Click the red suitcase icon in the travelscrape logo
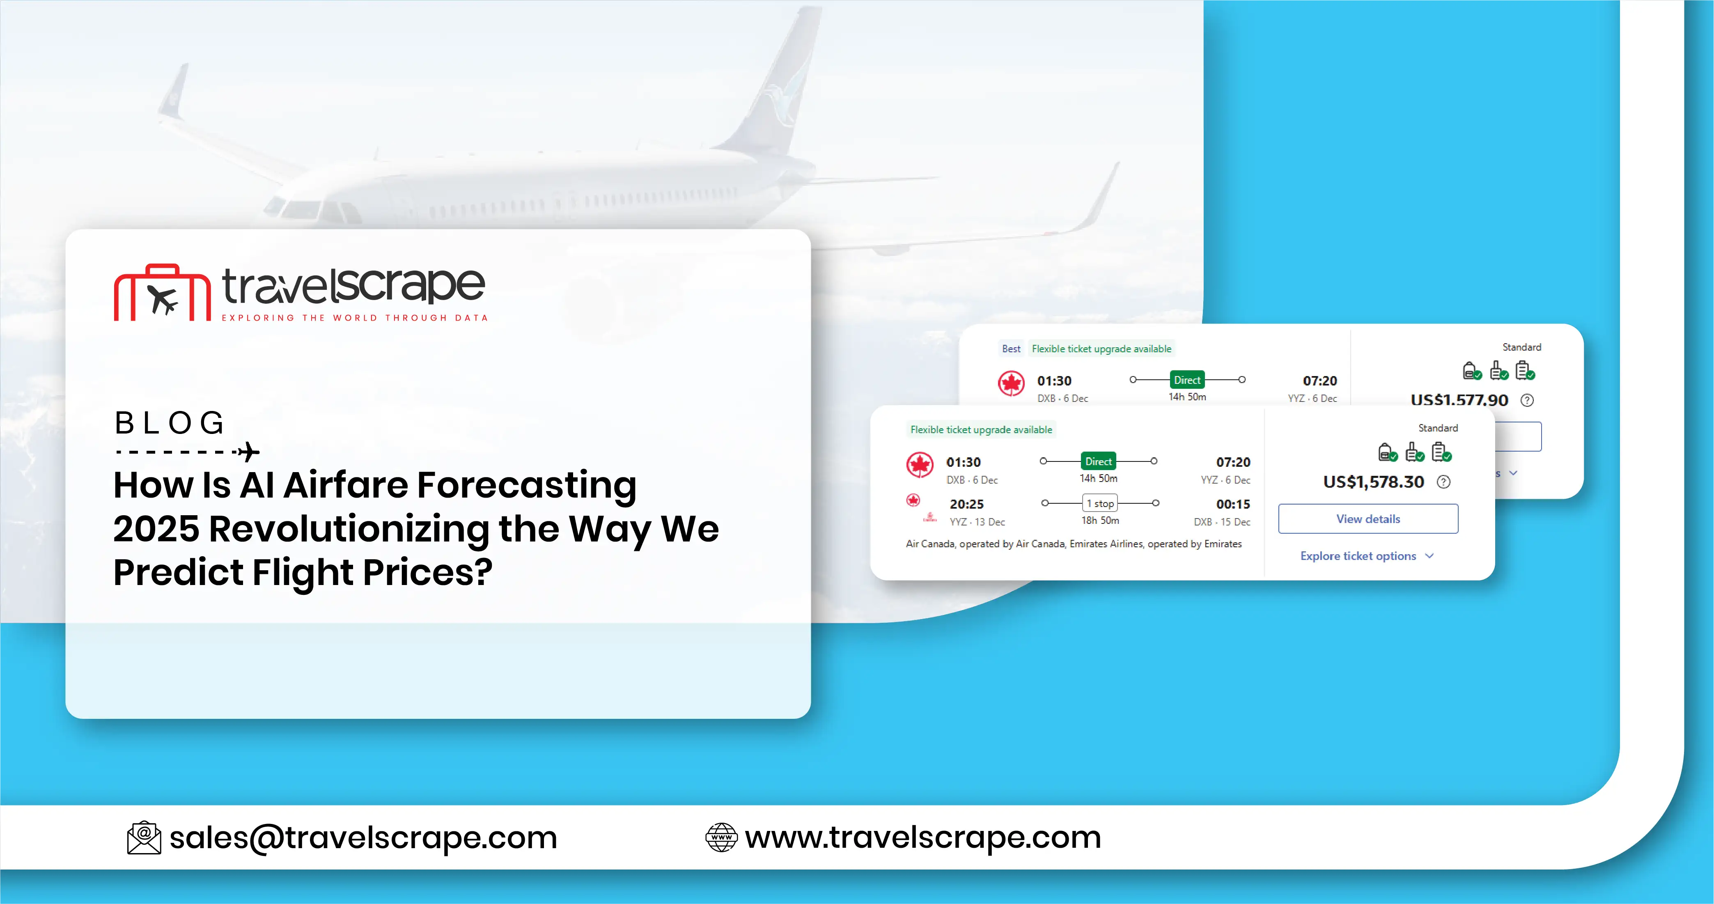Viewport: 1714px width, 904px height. tap(162, 294)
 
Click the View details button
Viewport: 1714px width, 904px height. tap(1368, 519)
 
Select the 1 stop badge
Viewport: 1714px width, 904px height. tap(1100, 504)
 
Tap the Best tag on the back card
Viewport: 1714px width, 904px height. tap(1011, 349)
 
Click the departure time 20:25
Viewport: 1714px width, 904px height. tap(966, 504)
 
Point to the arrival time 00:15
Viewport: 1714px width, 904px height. tap(1233, 504)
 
